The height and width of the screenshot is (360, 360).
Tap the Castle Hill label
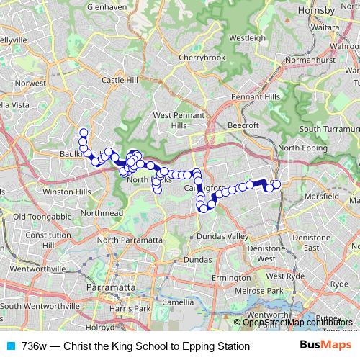120,81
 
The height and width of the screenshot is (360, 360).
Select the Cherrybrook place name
202,58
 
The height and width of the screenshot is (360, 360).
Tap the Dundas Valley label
220,235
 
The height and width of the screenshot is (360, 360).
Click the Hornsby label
319,12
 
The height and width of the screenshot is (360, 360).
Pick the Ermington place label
230,277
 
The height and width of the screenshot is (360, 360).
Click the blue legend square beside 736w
9,346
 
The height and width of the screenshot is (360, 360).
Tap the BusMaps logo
325,346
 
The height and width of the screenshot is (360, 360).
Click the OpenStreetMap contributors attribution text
297,323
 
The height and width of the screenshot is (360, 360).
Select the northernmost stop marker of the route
84,132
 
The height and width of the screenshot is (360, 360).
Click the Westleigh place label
248,37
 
